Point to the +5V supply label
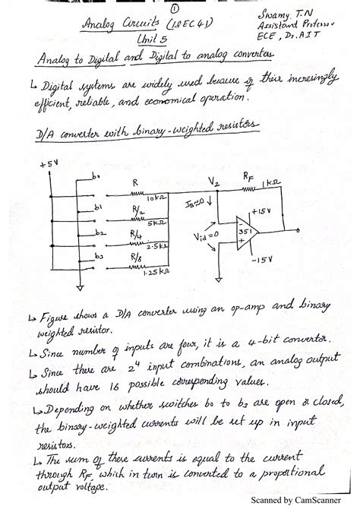point(49,163)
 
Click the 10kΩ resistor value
point(158,198)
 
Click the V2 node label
point(214,181)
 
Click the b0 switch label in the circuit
point(96,177)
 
